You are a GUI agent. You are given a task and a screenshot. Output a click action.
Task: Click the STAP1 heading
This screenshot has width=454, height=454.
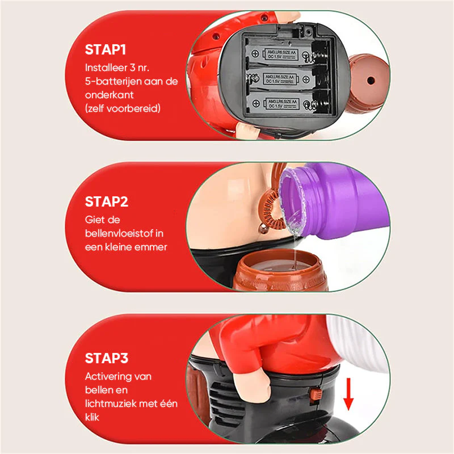(106, 49)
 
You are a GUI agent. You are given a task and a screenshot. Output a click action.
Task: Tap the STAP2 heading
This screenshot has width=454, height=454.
(107, 201)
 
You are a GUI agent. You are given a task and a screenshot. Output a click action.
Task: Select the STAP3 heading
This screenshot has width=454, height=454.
(107, 358)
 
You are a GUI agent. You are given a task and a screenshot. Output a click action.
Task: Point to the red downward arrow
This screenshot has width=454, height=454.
(348, 394)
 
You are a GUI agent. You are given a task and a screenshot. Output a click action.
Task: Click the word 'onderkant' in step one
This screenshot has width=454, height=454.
(109, 95)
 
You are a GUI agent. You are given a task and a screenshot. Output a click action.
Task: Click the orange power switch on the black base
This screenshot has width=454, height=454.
(316, 394)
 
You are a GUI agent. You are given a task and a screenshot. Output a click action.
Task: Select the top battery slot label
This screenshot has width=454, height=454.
(281, 54)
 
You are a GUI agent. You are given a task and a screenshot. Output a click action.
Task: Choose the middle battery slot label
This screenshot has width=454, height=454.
(279, 79)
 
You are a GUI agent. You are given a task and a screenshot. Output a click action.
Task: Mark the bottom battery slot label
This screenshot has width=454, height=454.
(282, 103)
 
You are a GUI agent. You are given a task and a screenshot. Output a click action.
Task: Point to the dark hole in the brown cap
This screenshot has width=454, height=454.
(371, 80)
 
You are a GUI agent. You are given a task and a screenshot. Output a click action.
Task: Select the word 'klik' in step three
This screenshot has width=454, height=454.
(92, 417)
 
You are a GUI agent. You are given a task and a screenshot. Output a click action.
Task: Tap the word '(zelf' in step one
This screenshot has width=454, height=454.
(94, 108)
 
